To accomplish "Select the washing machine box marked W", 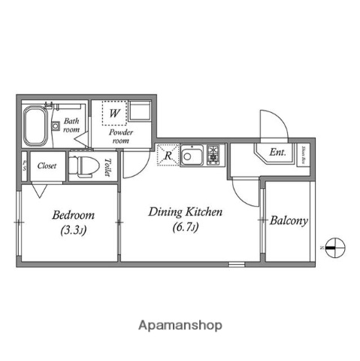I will point(114,114).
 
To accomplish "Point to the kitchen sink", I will point(193,156).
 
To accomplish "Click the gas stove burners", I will point(214,156).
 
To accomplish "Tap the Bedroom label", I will point(68,214).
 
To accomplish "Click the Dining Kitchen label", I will point(184,212).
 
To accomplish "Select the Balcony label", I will point(289,221).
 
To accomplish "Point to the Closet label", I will point(47,165).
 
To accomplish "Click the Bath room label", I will point(71,125).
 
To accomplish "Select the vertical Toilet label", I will point(108,166).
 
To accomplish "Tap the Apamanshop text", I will point(179,326).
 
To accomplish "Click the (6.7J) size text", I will point(184,226).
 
